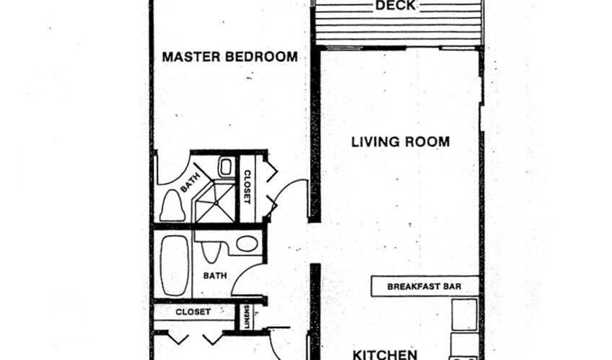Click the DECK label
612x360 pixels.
click(395, 5)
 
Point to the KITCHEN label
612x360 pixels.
click(385, 355)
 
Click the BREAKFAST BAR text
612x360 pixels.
click(424, 287)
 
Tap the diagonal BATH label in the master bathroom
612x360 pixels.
click(190, 182)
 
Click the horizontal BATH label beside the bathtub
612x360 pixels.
click(215, 276)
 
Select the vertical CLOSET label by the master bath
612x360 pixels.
click(247, 186)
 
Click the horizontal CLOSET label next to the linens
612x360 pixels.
click(193, 312)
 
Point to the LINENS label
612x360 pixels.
click(246, 316)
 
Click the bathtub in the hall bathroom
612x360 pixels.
click(175, 265)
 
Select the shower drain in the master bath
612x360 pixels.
click(216, 203)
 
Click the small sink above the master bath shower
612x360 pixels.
click(226, 167)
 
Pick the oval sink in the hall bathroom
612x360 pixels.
click(247, 244)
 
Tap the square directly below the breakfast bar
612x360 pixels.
click(464, 314)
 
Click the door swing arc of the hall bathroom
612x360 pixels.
click(242, 274)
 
